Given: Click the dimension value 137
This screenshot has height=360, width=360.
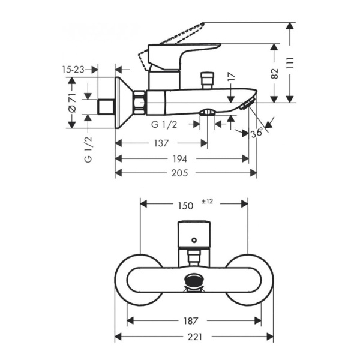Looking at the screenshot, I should tap(160, 143).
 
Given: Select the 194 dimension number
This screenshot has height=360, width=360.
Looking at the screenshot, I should tap(180, 159).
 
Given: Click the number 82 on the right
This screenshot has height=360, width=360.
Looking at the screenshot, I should tap(275, 73).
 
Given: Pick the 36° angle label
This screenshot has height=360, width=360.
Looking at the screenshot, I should tap(257, 133).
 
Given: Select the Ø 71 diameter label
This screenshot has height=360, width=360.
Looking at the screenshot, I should tap(72, 102).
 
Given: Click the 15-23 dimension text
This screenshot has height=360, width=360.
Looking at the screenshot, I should tap(73, 70).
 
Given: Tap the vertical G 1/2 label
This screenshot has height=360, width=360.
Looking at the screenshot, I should tap(88, 150).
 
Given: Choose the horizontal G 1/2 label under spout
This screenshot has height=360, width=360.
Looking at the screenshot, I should tap(163, 124).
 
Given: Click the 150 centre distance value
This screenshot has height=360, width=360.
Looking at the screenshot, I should tap(185, 205).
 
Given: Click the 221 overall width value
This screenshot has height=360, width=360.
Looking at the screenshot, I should tap(194, 337).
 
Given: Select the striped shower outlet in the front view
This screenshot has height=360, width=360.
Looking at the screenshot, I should tap(194, 280).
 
